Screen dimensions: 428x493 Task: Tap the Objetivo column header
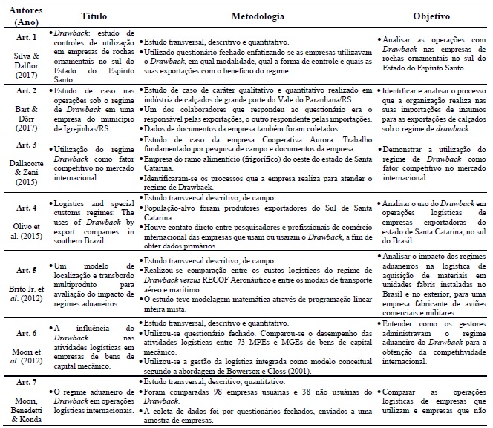click(431, 16)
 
